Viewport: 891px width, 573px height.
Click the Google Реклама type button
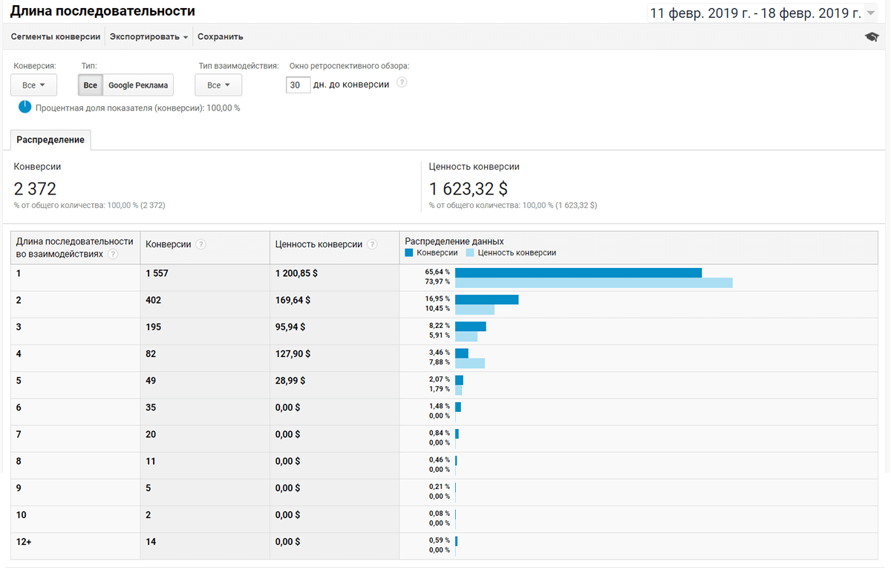coord(138,85)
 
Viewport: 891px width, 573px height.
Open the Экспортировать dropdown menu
coord(148,36)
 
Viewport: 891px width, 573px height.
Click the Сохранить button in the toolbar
coord(220,36)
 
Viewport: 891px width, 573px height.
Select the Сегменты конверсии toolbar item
coord(56,36)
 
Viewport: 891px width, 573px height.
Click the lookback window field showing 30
coord(298,85)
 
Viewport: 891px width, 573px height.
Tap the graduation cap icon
coord(872,37)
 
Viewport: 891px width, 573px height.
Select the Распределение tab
coord(50,140)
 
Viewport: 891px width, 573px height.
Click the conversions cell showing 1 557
coord(157,273)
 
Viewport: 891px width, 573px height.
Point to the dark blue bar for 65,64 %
coord(578,272)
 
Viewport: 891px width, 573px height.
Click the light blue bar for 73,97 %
coord(593,283)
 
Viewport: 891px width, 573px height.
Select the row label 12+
coord(24,542)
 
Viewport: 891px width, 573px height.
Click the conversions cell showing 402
coord(154,300)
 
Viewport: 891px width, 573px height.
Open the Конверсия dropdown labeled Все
coord(33,85)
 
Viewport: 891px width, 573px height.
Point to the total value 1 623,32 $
coord(469,189)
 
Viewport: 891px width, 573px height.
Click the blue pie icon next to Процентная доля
coord(25,107)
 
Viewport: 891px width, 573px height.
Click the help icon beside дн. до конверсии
coord(402,82)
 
